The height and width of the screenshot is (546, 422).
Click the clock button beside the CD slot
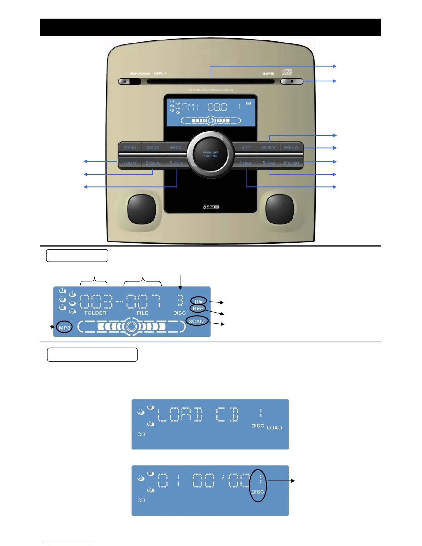click(124, 82)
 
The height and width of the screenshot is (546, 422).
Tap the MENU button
click(130, 148)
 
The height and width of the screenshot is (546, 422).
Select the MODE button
click(153, 148)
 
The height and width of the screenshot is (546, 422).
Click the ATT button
click(246, 148)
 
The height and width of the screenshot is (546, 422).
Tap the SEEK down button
click(269, 148)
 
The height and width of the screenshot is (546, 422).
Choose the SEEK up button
click(291, 148)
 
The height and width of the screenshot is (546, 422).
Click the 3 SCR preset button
click(176, 163)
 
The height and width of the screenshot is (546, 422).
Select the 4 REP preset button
click(245, 163)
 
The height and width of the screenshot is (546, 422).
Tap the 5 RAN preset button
click(269, 163)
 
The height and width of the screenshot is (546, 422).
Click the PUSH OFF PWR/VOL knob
click(211, 154)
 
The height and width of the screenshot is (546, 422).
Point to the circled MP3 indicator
click(64, 327)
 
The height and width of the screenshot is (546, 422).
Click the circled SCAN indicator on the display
click(196, 321)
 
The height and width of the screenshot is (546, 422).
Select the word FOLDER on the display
click(96, 313)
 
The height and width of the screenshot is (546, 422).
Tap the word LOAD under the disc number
click(274, 428)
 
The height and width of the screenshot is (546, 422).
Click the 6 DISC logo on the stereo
click(211, 206)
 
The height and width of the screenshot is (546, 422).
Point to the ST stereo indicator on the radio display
click(249, 103)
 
